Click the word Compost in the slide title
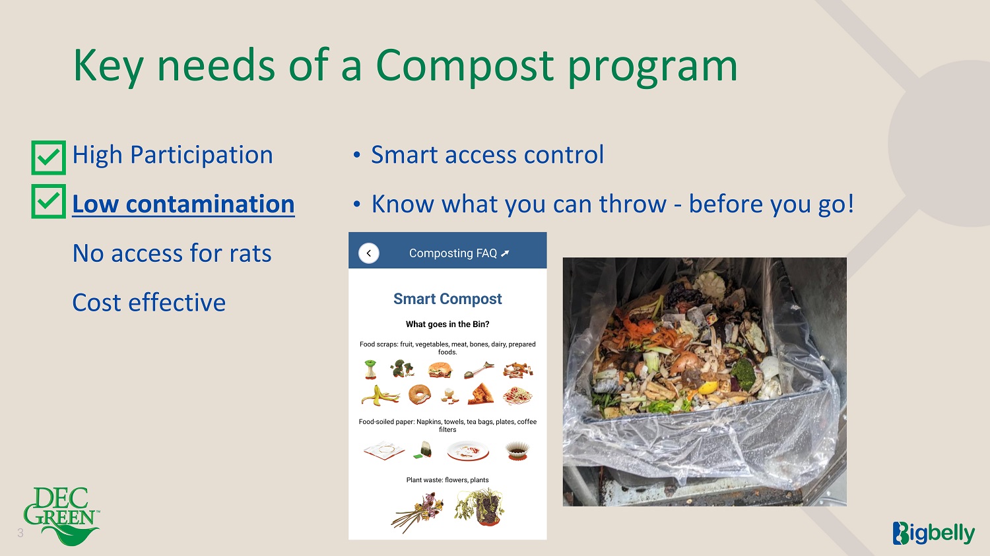click(x=465, y=66)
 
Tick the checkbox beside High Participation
click(x=49, y=158)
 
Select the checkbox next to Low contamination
click(x=49, y=201)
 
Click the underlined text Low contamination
click(x=183, y=204)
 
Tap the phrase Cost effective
click(x=149, y=303)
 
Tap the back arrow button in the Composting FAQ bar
click(x=368, y=253)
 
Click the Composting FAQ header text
click(x=459, y=253)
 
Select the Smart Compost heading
click(x=447, y=299)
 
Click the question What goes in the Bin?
click(x=447, y=324)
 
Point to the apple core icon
click(x=370, y=369)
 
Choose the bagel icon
click(x=419, y=394)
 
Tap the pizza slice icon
click(x=481, y=394)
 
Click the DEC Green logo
click(x=61, y=516)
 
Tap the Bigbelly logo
click(x=933, y=534)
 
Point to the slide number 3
click(x=20, y=533)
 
